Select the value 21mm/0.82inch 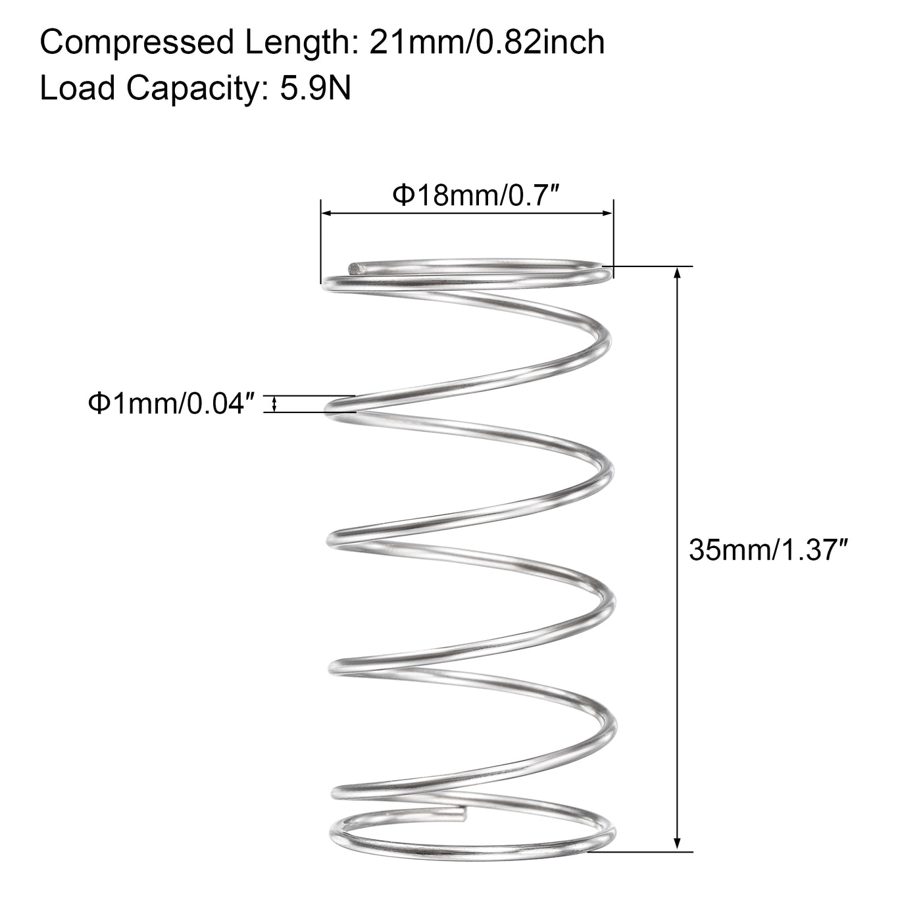coord(487,43)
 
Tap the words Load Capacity coord(146,88)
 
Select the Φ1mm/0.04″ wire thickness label coord(171,403)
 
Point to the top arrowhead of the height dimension coord(677,273)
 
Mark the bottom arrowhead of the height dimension coord(677,845)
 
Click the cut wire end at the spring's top coord(355,268)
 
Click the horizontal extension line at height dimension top coord(651,266)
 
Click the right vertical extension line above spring coord(613,237)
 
